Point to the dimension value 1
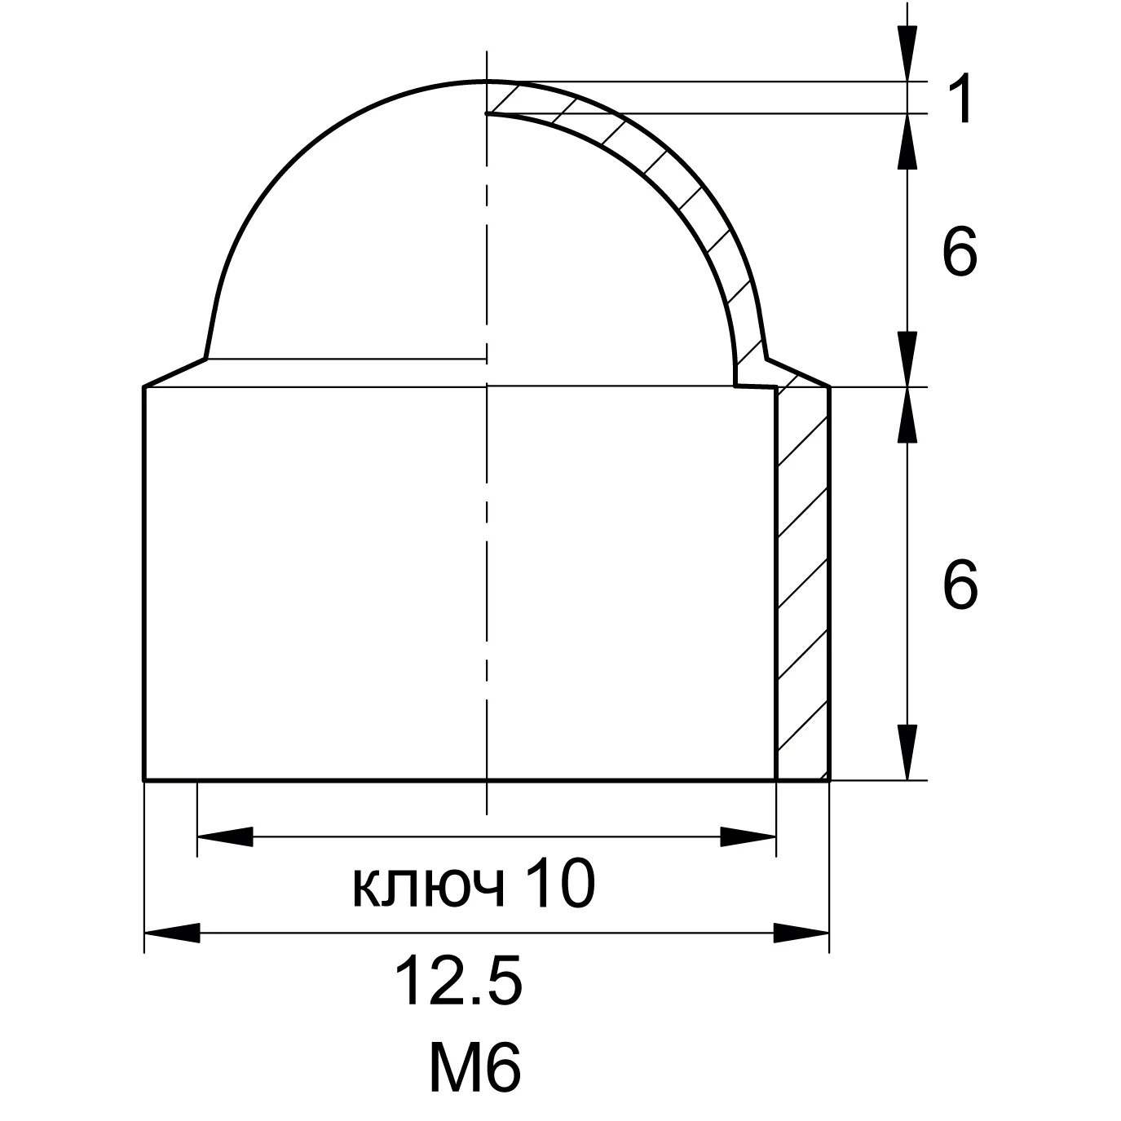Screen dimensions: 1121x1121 [962, 98]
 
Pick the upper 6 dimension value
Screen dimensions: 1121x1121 [960, 251]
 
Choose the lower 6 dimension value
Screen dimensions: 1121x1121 [960, 585]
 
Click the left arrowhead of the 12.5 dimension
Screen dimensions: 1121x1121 [171, 933]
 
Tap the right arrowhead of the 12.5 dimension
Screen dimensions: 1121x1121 [801, 933]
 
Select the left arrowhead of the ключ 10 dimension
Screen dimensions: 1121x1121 [225, 836]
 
